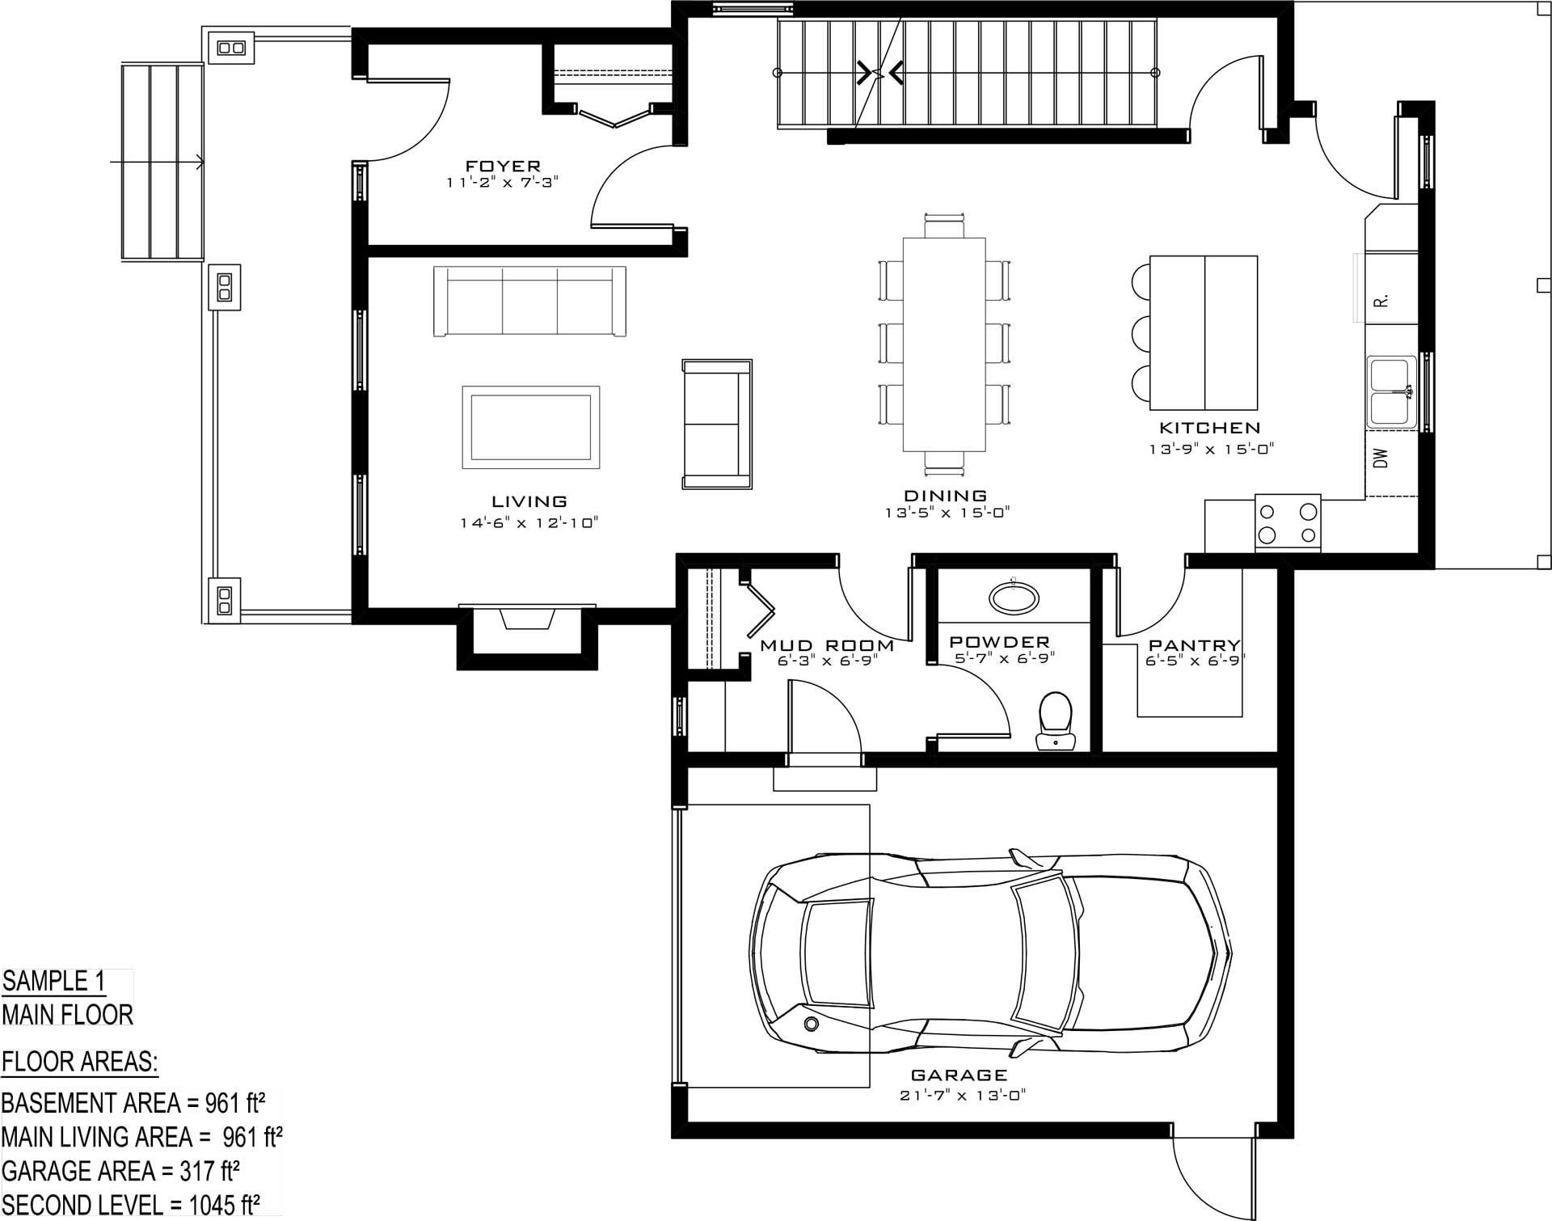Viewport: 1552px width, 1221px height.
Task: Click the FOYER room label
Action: coord(503,167)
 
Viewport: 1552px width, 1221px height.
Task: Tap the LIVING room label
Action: coord(529,502)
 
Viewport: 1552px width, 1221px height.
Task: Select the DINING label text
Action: coord(946,496)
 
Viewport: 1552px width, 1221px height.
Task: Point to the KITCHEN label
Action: coord(1210,428)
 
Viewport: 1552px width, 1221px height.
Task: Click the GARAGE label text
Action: coord(959,1075)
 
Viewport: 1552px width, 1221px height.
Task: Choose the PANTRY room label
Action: coord(1195,645)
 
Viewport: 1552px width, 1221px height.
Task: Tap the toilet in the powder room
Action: coord(1055,720)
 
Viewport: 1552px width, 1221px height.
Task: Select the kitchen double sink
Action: coord(1391,392)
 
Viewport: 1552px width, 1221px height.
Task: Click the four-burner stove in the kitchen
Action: coord(1288,523)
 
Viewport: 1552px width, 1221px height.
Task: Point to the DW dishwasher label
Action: coord(1381,458)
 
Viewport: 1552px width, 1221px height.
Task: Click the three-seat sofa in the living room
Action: coord(529,301)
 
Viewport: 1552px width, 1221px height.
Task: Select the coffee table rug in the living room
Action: coord(531,427)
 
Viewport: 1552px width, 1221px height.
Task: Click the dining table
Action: coord(944,344)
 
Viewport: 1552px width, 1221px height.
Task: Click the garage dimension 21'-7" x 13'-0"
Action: coord(963,1096)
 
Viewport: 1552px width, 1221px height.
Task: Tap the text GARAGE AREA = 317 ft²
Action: coord(120,1171)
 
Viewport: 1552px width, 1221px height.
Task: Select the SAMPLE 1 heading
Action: coord(54,981)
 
